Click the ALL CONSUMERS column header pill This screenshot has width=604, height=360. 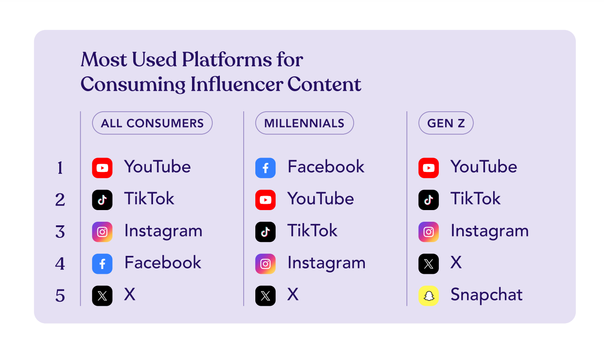[x=152, y=123]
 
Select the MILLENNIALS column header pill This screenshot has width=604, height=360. [x=304, y=123]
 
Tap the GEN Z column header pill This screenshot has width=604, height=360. [x=446, y=123]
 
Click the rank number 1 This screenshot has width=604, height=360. [x=60, y=168]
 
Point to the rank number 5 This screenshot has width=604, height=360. [x=60, y=296]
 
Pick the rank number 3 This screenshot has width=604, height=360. [x=60, y=232]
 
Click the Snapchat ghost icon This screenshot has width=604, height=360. [x=429, y=296]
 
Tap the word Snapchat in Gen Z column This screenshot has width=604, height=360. [x=486, y=295]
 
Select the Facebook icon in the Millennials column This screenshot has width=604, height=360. [x=265, y=168]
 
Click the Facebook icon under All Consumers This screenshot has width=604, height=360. [x=102, y=264]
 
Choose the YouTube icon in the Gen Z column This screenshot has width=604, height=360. [x=429, y=168]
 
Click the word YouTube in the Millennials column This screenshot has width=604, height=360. [x=320, y=199]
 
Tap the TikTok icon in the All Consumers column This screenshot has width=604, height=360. [x=102, y=200]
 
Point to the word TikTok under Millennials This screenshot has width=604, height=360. [x=312, y=231]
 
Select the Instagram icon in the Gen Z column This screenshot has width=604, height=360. [x=429, y=232]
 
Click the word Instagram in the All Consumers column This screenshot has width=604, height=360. [x=163, y=231]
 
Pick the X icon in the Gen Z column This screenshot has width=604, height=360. [x=429, y=264]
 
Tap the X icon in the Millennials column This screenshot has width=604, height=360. [x=265, y=296]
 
